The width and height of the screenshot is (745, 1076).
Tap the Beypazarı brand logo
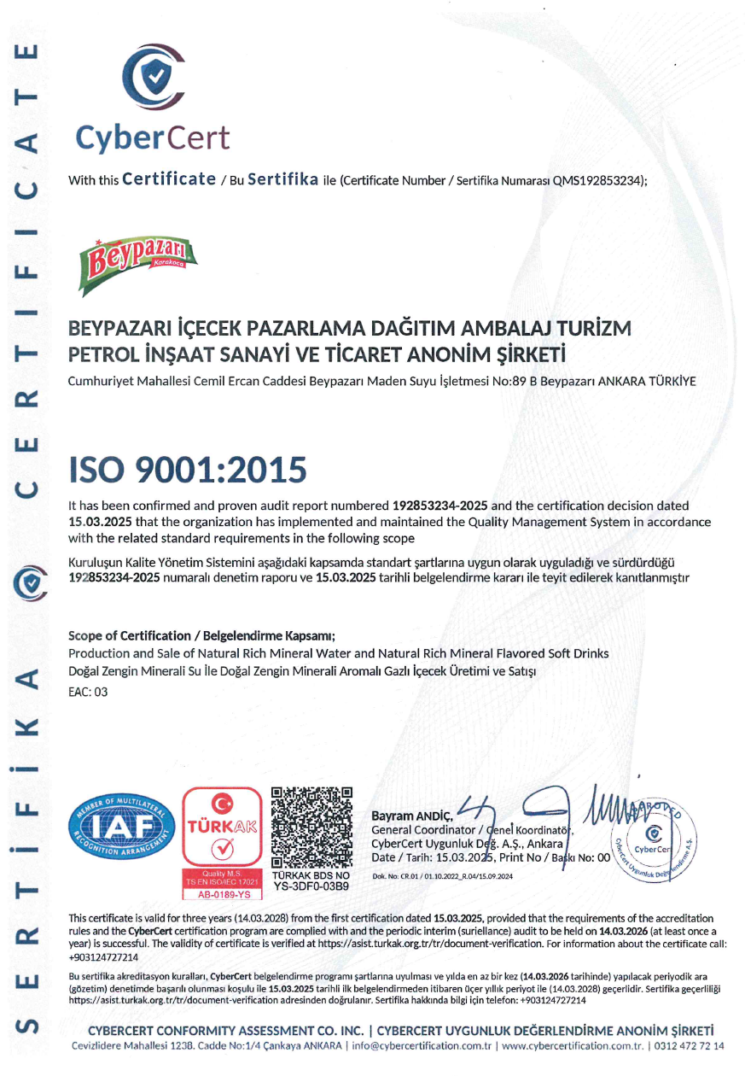(137, 255)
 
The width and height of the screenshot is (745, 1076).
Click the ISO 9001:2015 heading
(187, 470)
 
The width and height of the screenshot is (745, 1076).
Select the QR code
(311, 825)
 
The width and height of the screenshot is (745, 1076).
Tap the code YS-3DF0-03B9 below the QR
(311, 886)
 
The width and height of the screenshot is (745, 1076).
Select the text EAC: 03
(88, 692)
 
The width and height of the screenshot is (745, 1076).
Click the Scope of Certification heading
(201, 635)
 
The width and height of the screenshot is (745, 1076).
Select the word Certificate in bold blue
(169, 179)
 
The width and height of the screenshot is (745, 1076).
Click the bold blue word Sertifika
(282, 179)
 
